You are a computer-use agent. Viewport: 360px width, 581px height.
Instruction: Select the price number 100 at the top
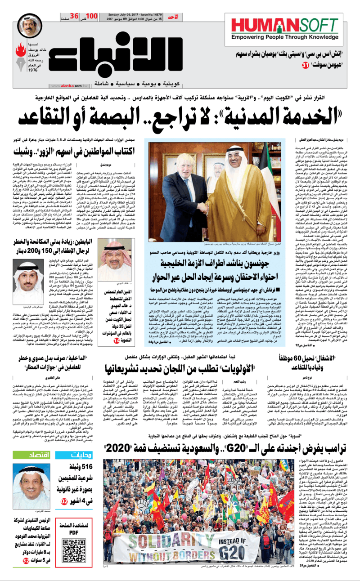coord(104,16)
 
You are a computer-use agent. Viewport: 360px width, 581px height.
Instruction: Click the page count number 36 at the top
coord(75,16)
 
